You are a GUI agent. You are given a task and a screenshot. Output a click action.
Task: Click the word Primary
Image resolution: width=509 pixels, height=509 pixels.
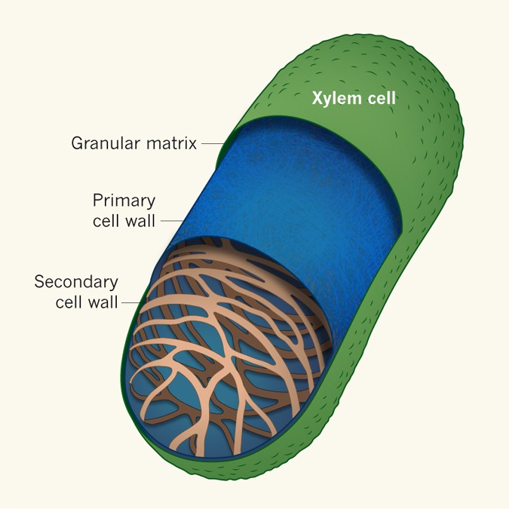pos(124,201)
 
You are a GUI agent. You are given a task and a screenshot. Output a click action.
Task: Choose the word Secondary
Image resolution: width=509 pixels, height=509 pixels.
pos(76,283)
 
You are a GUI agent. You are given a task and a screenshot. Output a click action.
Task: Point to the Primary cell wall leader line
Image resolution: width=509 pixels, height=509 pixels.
pos(173,220)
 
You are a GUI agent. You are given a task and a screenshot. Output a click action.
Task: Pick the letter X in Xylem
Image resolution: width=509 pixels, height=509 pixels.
pos(318,97)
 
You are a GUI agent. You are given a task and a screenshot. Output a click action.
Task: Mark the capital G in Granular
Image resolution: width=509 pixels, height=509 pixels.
pos(77,143)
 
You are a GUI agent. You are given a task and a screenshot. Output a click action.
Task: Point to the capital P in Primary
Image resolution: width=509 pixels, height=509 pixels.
pos(97,201)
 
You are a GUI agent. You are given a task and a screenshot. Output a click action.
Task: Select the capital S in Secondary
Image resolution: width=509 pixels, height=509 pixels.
pos(39,283)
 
